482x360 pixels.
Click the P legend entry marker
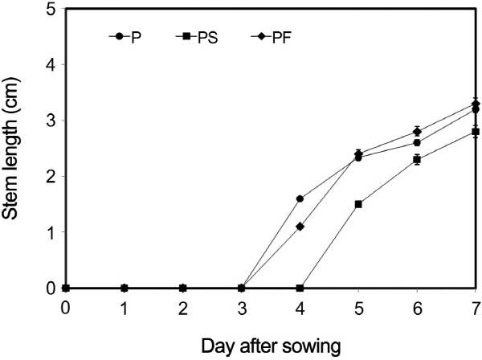tap(120, 36)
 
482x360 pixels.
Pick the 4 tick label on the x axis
tap(300, 308)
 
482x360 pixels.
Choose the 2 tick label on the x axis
tap(182, 308)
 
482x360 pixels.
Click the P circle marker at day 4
tap(300, 198)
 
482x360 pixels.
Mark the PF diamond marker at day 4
tap(300, 227)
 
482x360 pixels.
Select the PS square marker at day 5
tap(358, 204)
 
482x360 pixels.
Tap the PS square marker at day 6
tap(417, 159)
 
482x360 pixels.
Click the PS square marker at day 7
tap(476, 132)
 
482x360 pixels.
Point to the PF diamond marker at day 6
tap(417, 132)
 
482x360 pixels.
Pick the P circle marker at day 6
tap(417, 143)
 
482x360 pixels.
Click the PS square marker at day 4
tap(300, 288)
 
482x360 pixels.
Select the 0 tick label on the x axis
tap(65, 308)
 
